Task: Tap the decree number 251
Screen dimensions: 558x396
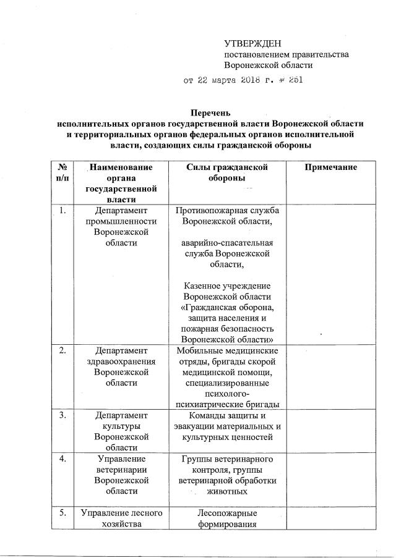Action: click(x=293, y=80)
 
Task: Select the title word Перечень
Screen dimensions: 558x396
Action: click(x=210, y=112)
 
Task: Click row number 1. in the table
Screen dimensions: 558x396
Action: click(x=62, y=211)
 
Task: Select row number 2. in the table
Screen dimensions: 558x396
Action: click(x=62, y=350)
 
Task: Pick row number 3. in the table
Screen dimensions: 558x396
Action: click(x=62, y=415)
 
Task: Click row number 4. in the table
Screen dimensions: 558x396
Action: click(x=62, y=459)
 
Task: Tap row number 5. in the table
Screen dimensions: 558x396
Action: click(x=62, y=513)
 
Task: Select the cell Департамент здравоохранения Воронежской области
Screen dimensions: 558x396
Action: click(x=122, y=366)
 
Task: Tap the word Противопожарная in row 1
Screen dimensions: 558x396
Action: click(x=208, y=211)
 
